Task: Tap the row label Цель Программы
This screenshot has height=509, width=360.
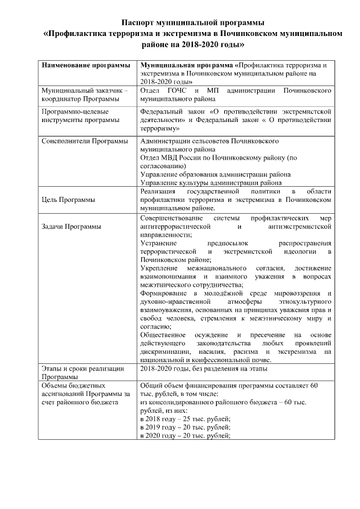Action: pos(69,199)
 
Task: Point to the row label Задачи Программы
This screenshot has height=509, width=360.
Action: pos(72,227)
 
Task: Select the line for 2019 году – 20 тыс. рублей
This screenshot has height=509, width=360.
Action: pos(186,427)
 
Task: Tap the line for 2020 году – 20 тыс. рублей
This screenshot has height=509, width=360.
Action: pos(186,436)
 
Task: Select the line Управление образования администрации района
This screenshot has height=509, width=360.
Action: pos(215,174)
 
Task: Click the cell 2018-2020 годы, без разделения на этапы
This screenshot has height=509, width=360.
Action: pos(207,368)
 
